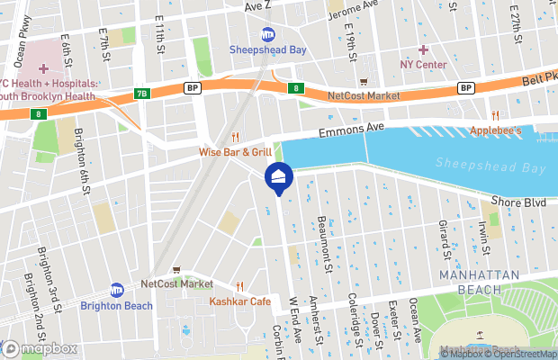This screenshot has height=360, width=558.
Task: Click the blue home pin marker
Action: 278,177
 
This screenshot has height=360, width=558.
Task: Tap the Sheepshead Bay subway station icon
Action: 268,35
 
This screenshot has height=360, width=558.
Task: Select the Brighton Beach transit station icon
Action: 116,290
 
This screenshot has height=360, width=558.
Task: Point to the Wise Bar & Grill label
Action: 235,152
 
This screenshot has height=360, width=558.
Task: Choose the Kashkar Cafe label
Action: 239,301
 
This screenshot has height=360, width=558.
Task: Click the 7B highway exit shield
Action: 141,93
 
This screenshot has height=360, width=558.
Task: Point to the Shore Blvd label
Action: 519,202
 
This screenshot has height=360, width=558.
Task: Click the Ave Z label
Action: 257,5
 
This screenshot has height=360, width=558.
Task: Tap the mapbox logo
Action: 40,347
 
